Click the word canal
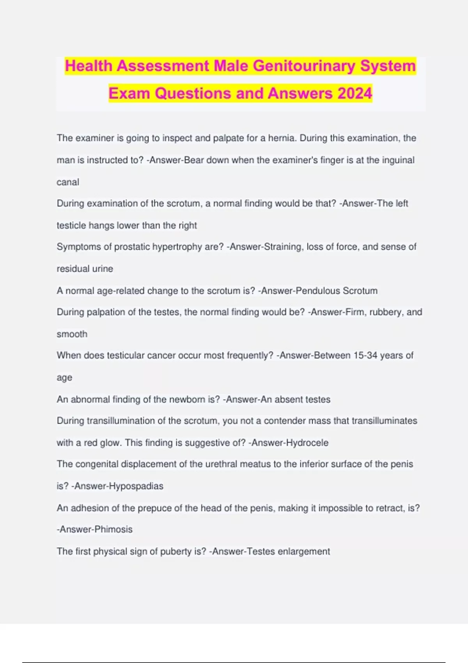[x=68, y=182]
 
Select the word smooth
[x=72, y=334]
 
